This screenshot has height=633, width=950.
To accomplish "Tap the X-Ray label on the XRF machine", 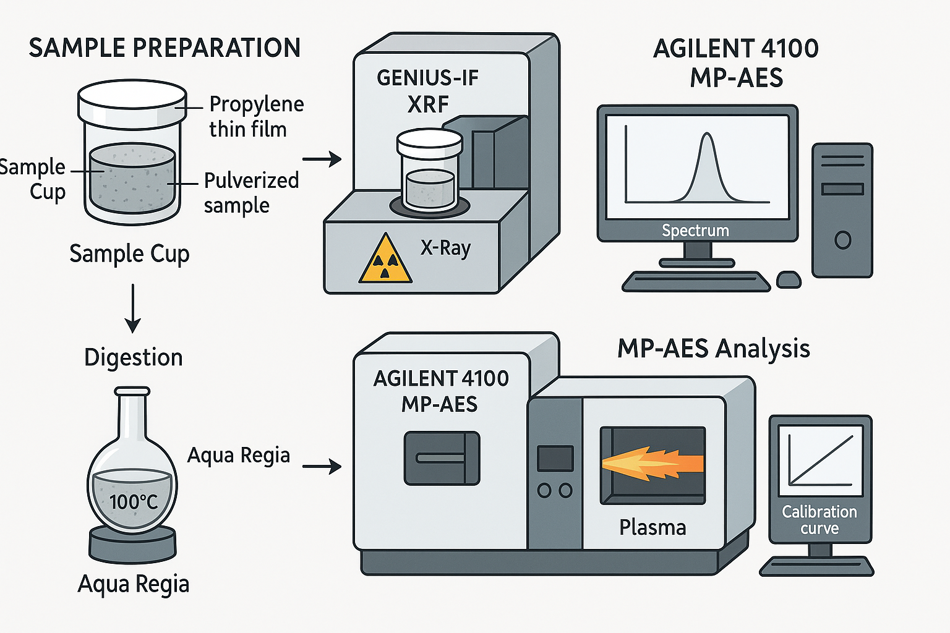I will [x=445, y=248].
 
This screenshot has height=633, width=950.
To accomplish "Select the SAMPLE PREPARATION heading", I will [x=165, y=48].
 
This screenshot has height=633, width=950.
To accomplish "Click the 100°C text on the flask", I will [x=133, y=501].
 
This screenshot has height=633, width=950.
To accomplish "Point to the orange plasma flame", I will [x=653, y=464].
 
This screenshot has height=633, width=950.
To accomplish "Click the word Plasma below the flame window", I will [x=653, y=527].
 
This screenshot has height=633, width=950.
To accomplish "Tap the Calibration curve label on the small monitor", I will [x=819, y=520].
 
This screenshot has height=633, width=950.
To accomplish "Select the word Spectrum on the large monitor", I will [x=695, y=231].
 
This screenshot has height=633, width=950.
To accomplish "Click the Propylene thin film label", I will [x=256, y=116].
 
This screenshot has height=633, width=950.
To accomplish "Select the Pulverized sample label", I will [x=251, y=192].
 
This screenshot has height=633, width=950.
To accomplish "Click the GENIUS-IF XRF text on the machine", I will [x=427, y=91].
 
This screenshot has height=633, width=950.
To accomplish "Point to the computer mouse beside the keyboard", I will [x=789, y=279].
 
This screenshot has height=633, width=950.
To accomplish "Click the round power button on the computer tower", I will [x=842, y=240].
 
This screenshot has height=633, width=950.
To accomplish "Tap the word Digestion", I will [x=133, y=357].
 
